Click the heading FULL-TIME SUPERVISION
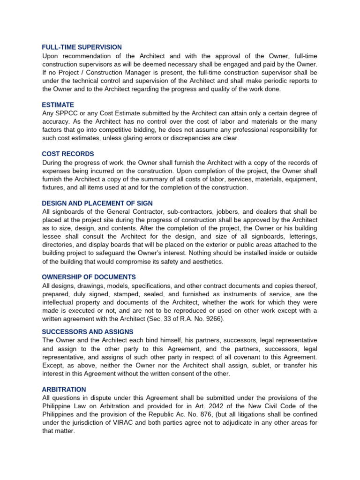click(x=82, y=47)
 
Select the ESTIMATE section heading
click(x=58, y=105)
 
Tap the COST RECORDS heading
click(x=68, y=154)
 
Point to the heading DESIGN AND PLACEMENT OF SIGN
click(x=97, y=203)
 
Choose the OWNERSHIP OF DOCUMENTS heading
click(x=89, y=277)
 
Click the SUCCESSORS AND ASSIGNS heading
click(x=88, y=331)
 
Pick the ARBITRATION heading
click(x=64, y=389)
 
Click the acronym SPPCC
click(x=65, y=113)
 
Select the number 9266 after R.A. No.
click(x=212, y=319)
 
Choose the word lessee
click(x=52, y=236)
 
